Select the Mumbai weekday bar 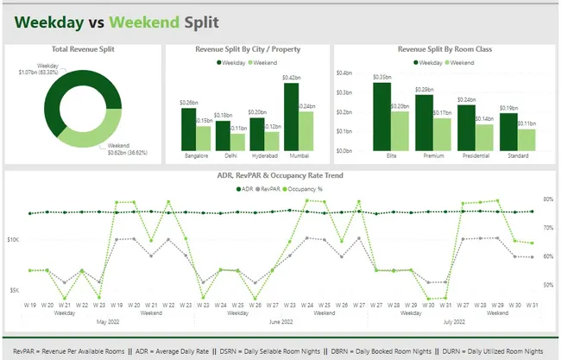pyautogui.click(x=291, y=117)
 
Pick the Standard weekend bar pyautogui.click(x=526, y=140)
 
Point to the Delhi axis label pyautogui.click(x=230, y=156)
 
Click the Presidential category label pyautogui.click(x=474, y=156)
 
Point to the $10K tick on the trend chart pyautogui.click(x=13, y=239)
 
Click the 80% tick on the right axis pyautogui.click(x=547, y=199)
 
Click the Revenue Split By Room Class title pyautogui.click(x=444, y=49)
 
